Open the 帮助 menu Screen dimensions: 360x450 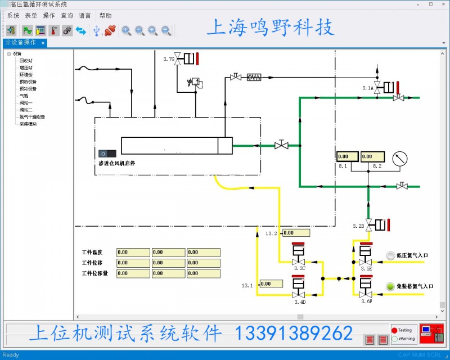[105, 15]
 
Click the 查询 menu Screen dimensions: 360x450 [67, 15]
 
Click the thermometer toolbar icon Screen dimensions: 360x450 [54, 30]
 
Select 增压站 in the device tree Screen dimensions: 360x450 [26, 67]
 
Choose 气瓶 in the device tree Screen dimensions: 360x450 [24, 96]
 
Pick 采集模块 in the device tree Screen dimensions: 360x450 [28, 124]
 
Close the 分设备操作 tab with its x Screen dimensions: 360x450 [43, 43]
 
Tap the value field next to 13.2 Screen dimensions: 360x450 [296, 233]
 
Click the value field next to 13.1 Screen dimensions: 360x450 [273, 284]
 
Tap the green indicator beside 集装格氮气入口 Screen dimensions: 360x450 [390, 287]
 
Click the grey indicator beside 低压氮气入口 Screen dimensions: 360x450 [390, 256]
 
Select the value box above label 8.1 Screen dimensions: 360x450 [348, 156]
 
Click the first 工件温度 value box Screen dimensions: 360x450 [133, 253]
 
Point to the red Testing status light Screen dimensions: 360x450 [395, 330]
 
